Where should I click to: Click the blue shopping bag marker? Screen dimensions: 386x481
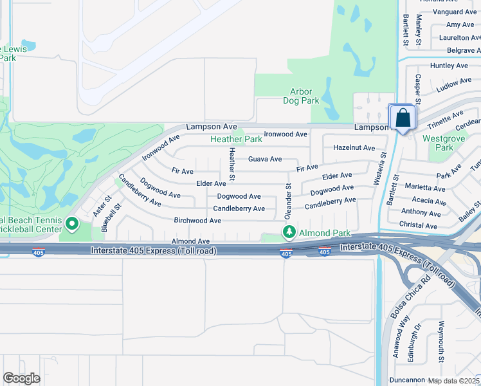[403, 118]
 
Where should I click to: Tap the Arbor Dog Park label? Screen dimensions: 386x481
[301, 96]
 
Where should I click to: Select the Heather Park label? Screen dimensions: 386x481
[236, 139]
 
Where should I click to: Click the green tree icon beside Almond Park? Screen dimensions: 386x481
[289, 232]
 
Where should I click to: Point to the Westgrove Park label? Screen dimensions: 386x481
[439, 143]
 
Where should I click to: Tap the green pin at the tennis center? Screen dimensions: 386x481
[72, 225]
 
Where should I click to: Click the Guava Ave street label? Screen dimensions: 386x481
[265, 159]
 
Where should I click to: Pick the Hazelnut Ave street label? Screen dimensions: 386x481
[354, 147]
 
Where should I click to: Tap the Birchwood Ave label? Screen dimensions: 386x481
[197, 221]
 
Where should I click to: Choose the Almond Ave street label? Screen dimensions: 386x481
[190, 241]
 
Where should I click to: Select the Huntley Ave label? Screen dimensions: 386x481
[449, 66]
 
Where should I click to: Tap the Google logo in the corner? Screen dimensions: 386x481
[21, 378]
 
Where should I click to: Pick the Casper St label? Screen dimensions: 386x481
[417, 89]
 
